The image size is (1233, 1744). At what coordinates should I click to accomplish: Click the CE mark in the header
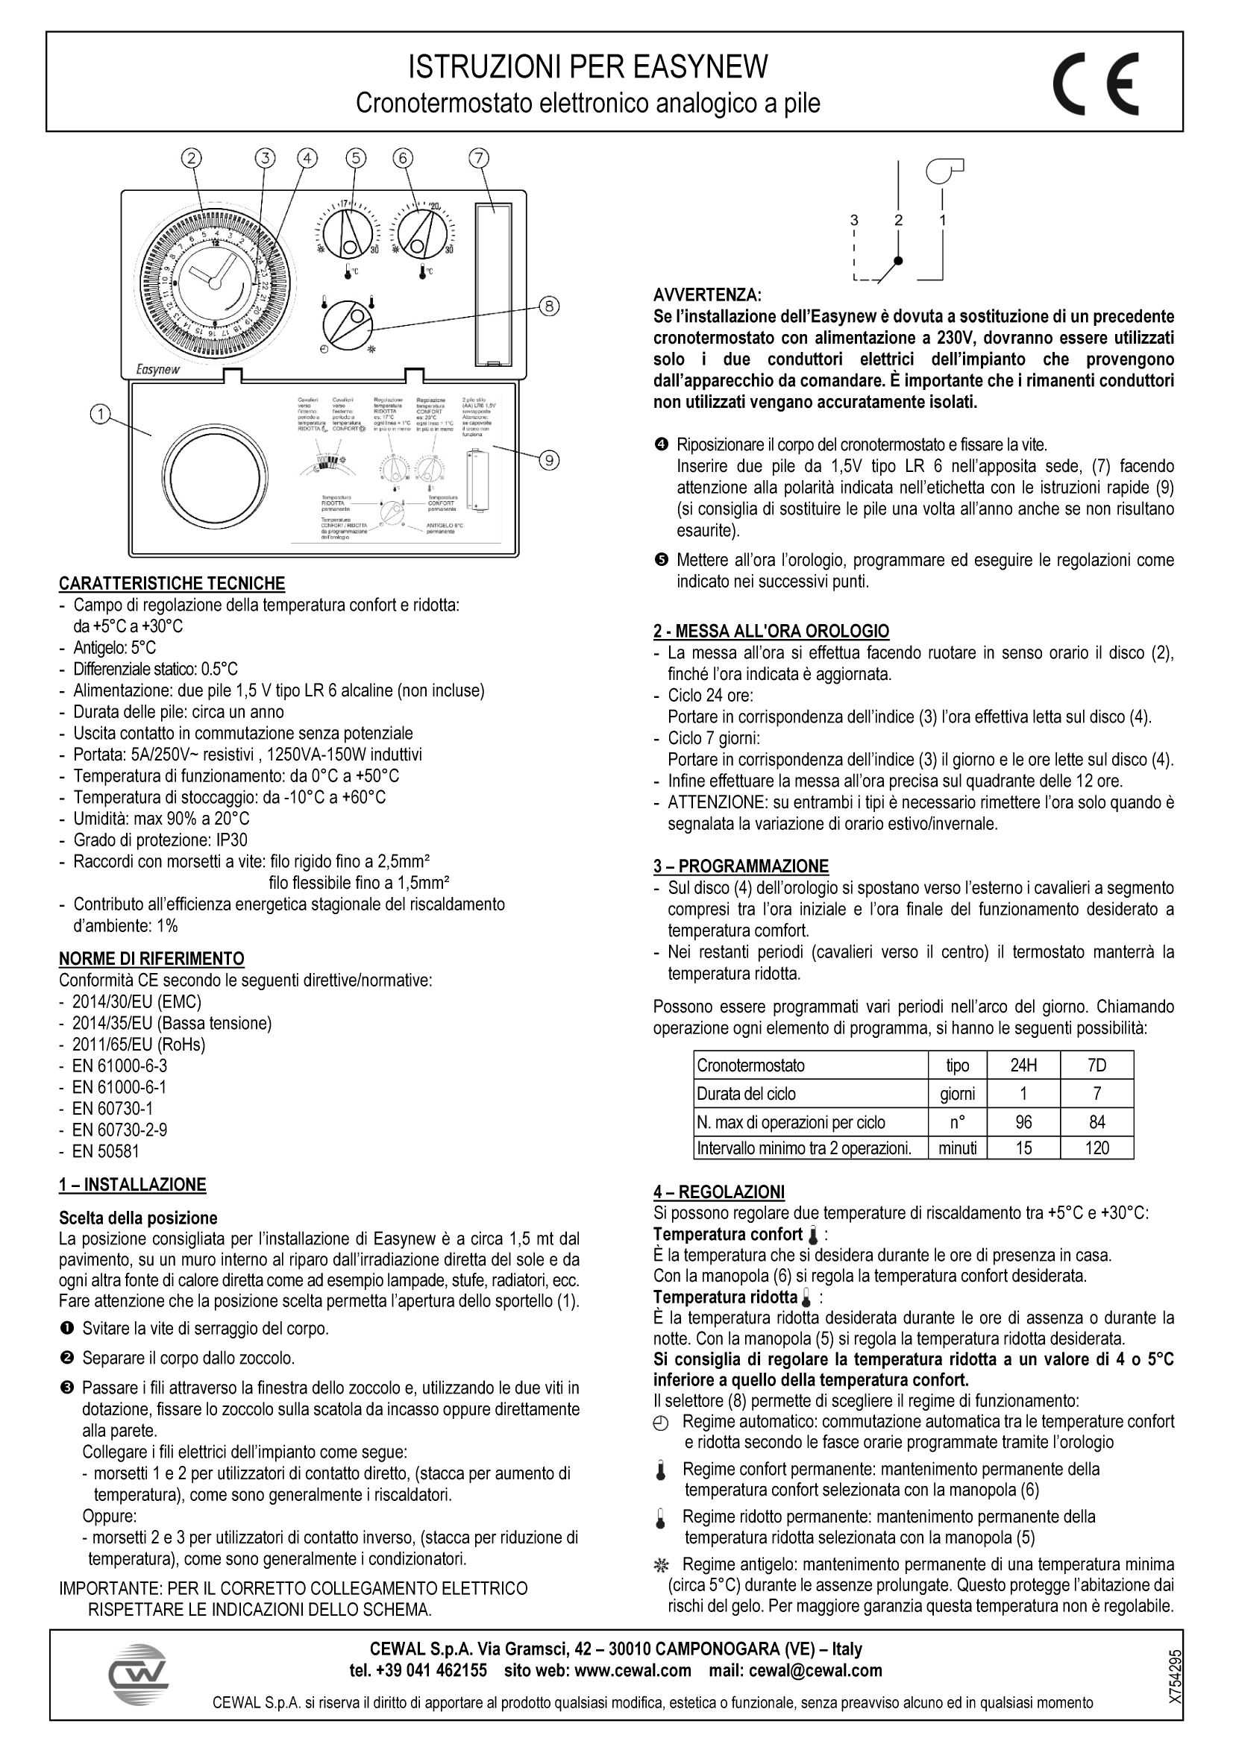[x=1095, y=83]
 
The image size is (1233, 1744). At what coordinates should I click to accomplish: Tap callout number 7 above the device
[x=478, y=158]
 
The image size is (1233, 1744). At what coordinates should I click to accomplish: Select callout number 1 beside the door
[x=99, y=414]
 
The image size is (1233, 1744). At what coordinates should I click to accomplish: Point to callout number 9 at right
[x=549, y=459]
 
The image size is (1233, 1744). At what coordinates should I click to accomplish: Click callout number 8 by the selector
[x=548, y=306]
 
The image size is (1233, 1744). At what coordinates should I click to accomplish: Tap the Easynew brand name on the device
[x=159, y=370]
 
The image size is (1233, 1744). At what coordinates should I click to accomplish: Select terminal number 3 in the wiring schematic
[x=854, y=220]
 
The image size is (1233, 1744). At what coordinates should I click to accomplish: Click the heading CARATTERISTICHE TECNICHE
[x=172, y=583]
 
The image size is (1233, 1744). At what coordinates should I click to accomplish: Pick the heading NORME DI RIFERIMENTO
[x=152, y=958]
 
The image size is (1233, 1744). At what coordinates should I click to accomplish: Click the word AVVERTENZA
[x=706, y=295]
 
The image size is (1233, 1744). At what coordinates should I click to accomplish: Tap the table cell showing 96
[x=1023, y=1122]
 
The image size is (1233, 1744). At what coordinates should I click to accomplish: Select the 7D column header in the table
[x=1096, y=1065]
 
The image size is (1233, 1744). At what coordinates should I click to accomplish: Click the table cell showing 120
[x=1096, y=1148]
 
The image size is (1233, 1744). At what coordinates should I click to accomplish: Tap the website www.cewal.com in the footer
[x=633, y=1670]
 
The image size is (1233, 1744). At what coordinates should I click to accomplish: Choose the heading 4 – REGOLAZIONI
[x=718, y=1191]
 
